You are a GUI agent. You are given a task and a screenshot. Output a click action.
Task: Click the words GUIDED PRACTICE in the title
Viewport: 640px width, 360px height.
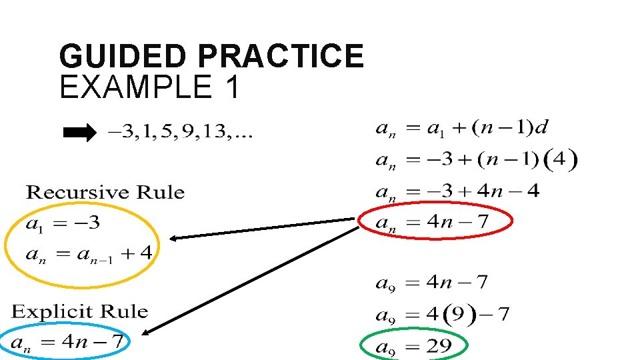(211, 56)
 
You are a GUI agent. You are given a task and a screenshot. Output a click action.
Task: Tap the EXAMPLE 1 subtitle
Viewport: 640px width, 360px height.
(149, 87)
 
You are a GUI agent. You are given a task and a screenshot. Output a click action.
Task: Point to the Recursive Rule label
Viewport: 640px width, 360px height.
(105, 193)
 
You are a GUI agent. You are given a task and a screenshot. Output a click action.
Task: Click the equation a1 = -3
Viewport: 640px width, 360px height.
(63, 223)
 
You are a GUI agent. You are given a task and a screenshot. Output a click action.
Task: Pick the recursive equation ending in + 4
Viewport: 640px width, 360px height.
(89, 254)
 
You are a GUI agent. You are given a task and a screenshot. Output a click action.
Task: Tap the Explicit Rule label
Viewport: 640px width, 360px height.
(79, 311)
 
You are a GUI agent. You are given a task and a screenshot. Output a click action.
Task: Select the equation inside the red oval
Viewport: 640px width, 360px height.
(435, 222)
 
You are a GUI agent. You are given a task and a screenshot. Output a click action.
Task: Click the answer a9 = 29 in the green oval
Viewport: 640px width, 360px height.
(413, 346)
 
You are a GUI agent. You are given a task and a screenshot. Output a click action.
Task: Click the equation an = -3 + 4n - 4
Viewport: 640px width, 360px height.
(457, 192)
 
